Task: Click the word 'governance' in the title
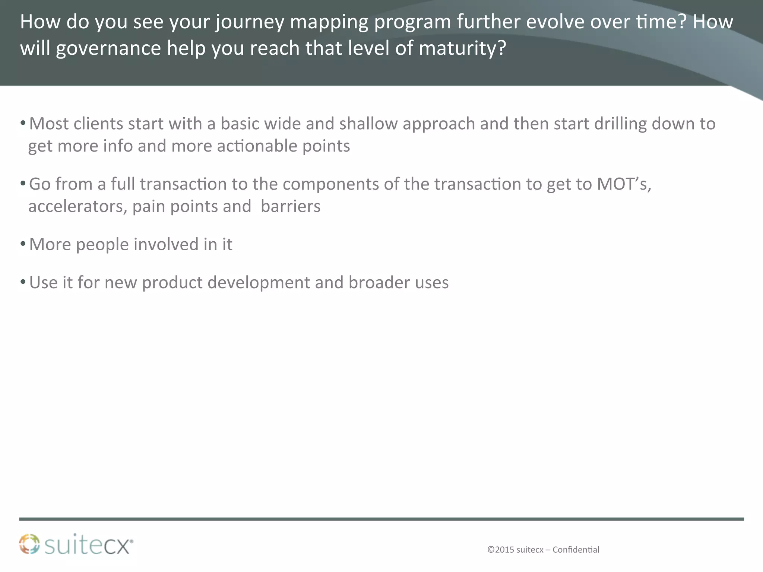point(108,49)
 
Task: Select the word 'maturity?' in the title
point(462,49)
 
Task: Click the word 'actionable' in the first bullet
point(257,146)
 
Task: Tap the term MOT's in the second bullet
point(624,184)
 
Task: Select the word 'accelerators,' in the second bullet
point(78,207)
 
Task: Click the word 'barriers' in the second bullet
point(290,207)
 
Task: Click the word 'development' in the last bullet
point(259,283)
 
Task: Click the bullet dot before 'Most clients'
point(23,123)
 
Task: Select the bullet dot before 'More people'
point(23,244)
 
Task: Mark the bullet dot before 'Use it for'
point(23,282)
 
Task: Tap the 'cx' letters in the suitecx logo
point(118,547)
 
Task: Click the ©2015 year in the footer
point(501,550)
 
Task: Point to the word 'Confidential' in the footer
point(576,550)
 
